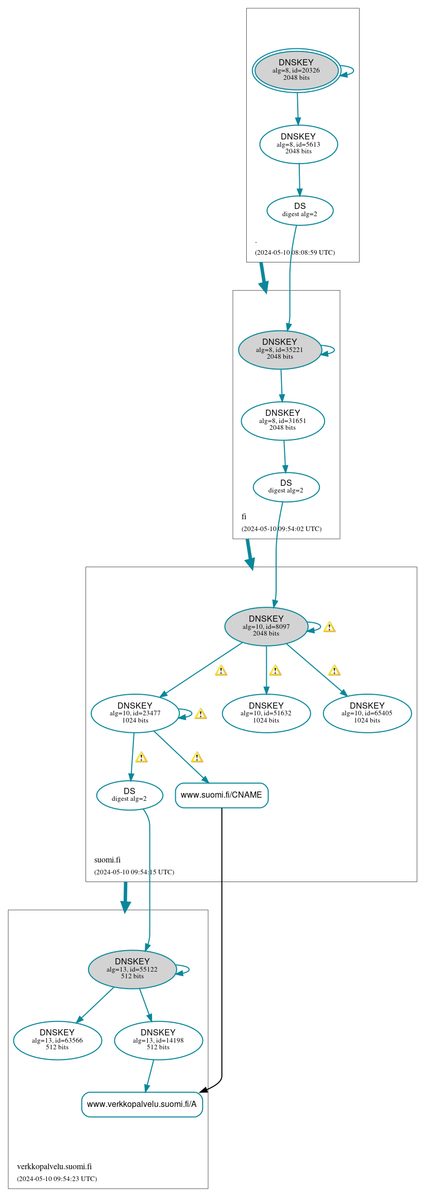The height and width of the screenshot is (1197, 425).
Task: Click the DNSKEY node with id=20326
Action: (x=296, y=71)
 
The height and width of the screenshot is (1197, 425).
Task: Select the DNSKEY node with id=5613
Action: (x=298, y=144)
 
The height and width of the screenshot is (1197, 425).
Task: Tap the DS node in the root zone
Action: (x=300, y=210)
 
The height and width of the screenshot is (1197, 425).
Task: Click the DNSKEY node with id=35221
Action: (x=280, y=349)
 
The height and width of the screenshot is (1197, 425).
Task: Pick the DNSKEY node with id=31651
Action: (x=282, y=420)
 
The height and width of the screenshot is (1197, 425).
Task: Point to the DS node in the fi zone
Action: (x=286, y=486)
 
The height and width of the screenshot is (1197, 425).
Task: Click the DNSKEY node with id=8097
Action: (x=266, y=626)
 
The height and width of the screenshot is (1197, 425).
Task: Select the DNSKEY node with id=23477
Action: (x=134, y=713)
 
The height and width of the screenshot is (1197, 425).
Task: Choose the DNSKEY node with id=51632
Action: (x=266, y=713)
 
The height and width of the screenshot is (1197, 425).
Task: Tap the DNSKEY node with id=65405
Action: (x=367, y=713)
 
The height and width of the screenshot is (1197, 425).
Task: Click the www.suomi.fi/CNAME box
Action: (x=222, y=795)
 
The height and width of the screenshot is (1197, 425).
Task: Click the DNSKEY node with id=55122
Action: (x=132, y=969)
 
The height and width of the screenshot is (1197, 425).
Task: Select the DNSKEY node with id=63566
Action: (x=57, y=1040)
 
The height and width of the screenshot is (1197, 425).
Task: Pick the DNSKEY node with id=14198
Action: (x=158, y=1040)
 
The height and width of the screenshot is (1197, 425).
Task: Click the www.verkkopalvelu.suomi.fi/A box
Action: (x=142, y=1104)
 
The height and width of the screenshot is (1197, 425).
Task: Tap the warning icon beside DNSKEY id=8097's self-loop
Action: (x=329, y=627)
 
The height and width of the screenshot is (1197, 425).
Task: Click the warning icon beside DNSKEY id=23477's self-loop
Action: (x=200, y=714)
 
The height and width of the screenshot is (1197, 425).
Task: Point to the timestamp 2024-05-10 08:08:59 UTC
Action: (x=295, y=253)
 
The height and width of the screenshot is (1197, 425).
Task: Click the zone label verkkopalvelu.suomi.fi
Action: (x=54, y=1167)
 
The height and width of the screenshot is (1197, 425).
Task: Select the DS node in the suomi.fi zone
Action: (x=129, y=795)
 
